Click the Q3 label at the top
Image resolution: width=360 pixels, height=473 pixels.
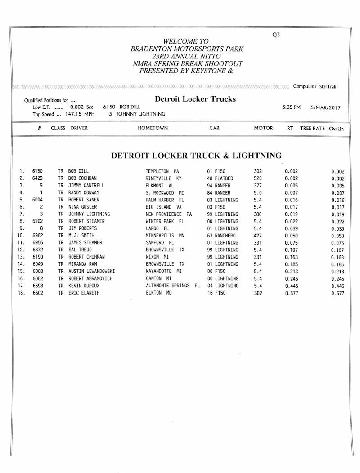tap(276, 35)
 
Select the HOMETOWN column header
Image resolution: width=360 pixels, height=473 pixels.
tap(153, 128)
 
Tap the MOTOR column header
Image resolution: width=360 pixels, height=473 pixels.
tap(263, 128)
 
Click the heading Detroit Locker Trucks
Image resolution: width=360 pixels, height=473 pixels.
tap(195, 99)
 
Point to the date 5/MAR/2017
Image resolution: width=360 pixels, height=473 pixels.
tap(325, 108)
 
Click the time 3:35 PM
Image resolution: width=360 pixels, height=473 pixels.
tap(291, 108)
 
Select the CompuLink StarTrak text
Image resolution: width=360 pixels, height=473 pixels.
tap(315, 86)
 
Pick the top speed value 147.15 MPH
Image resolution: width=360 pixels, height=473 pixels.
tap(80, 114)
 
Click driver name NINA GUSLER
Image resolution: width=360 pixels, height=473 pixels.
tap(82, 207)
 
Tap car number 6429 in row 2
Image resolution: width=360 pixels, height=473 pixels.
tap(38, 178)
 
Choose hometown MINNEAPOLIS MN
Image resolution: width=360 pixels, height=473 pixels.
tap(165, 235)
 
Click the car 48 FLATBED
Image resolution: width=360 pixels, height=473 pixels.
tap(220, 178)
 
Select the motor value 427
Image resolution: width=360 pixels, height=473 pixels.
tap(258, 235)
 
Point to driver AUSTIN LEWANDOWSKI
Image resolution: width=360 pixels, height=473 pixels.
tap(91, 271)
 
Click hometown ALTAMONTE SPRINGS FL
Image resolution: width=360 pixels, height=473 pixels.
tap(172, 286)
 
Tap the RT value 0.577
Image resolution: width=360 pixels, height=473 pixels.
tap(291, 293)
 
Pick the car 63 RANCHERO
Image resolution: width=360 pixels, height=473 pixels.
tap(222, 235)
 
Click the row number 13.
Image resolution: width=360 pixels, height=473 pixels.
tap(21, 257)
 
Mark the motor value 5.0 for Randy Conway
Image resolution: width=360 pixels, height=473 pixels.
tap(258, 192)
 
